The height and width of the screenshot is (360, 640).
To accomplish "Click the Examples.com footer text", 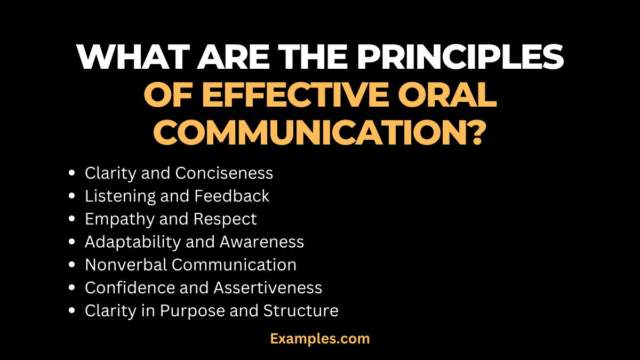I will (320, 338).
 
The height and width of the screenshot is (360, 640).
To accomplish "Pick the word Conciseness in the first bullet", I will (224, 173).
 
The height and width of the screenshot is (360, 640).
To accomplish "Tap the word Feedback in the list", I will (231, 196).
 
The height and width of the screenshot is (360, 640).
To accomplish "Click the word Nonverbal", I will (126, 265).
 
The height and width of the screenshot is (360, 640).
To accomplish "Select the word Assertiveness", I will (268, 288).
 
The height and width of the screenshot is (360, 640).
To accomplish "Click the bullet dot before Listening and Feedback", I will (72, 197).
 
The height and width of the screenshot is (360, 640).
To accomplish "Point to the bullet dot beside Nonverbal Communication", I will (72, 266).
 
